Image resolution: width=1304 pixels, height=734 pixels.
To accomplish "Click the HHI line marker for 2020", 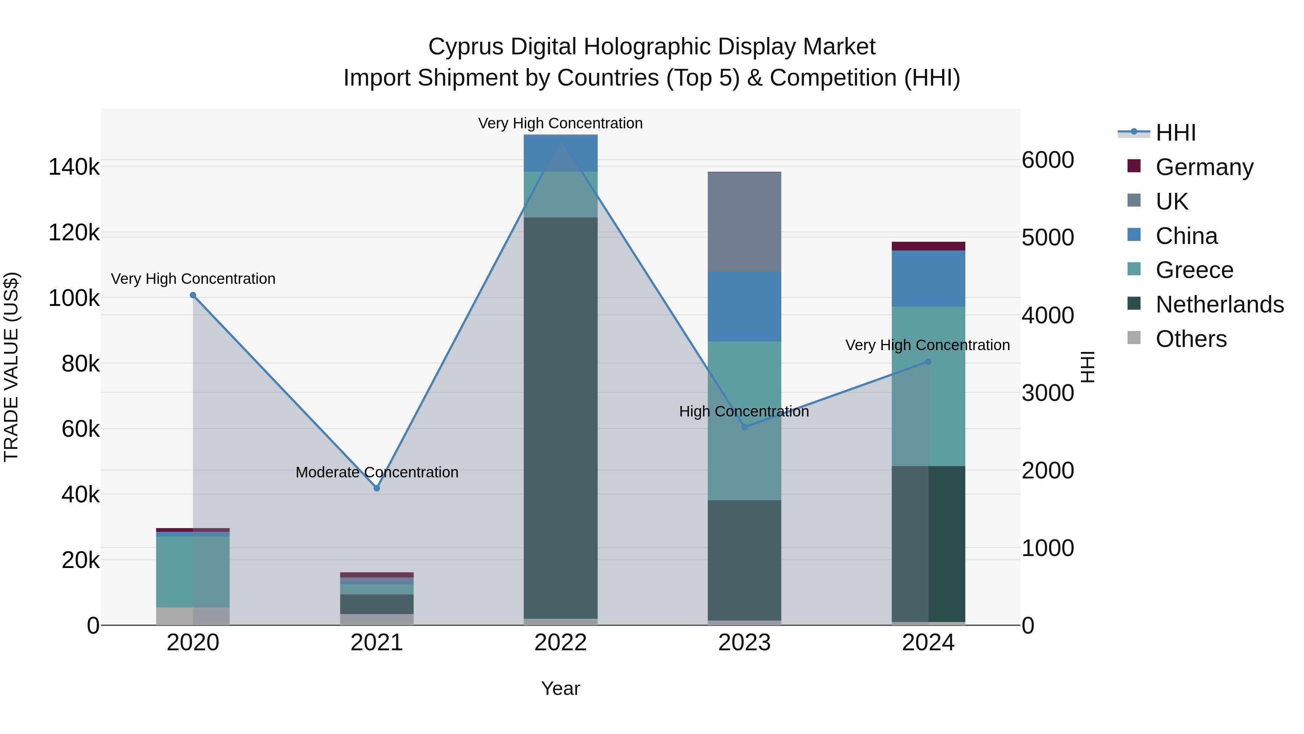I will pos(193,295).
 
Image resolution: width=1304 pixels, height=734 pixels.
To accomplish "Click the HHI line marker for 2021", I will pos(377,488).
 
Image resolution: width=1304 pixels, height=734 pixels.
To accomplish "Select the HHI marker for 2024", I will pos(928,362).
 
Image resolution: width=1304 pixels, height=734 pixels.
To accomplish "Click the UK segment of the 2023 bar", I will pos(744,222).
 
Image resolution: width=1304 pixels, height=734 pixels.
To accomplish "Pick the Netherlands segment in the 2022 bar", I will pos(560,418).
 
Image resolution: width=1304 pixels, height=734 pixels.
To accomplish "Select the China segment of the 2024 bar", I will pos(928,279).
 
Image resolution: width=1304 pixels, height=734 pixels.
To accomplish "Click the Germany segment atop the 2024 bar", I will pos(928,246).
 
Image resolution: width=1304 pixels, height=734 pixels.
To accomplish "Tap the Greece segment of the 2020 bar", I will pos(193,571).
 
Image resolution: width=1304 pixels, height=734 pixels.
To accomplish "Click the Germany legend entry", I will pos(1204,167).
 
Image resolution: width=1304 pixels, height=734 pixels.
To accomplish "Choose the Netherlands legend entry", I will pos(1220,304).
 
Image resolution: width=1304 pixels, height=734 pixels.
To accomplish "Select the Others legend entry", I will pos(1191,339).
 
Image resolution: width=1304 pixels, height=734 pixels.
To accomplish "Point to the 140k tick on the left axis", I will pos(74,167).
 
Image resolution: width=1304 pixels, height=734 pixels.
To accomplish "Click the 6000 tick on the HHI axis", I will pos(1047,160).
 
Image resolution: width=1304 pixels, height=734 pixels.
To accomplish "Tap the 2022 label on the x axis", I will pos(560,643).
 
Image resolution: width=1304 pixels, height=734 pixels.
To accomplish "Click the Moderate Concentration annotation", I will pos(377,472).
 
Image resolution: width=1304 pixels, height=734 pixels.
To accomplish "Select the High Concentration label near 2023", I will pos(744,411).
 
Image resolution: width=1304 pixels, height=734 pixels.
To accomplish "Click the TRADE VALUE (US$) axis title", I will pos(11,367).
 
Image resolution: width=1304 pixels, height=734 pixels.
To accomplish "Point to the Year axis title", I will pos(560,688).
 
